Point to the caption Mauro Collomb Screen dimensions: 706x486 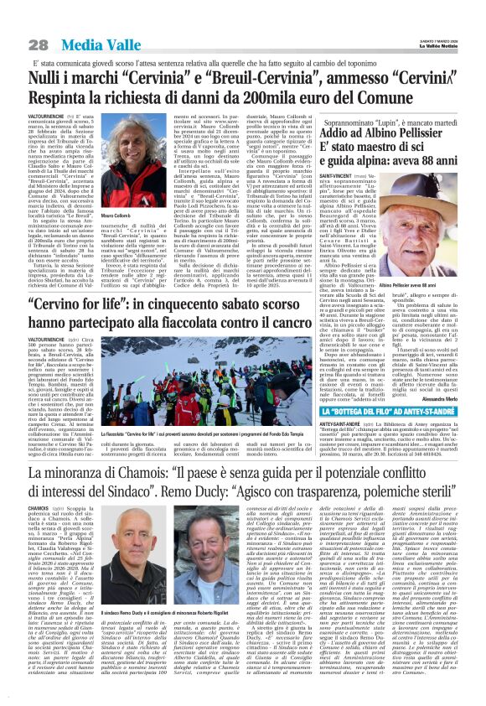[x=93, y=217]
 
